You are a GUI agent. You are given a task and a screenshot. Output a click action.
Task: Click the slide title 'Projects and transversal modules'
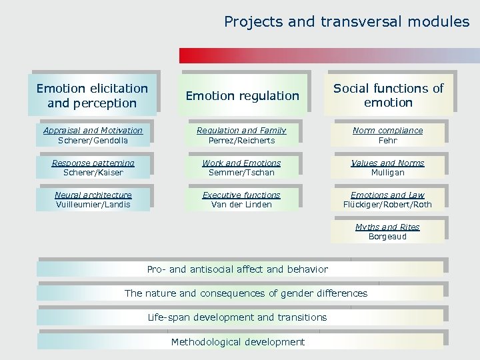[x=347, y=22]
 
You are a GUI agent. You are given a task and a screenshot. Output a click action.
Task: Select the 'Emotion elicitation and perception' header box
[x=92, y=95]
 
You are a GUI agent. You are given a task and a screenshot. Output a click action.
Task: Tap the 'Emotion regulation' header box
[x=242, y=96]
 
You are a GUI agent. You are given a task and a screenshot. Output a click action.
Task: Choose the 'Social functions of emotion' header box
[x=388, y=95]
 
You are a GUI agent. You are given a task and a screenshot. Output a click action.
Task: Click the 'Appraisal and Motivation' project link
[x=93, y=131]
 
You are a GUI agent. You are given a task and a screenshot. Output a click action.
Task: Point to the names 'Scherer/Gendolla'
[x=93, y=141]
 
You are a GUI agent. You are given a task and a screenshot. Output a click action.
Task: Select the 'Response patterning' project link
[x=93, y=163]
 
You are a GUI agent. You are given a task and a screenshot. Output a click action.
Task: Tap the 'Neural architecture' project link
[x=93, y=195]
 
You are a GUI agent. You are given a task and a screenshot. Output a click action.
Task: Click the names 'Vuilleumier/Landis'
[x=93, y=205]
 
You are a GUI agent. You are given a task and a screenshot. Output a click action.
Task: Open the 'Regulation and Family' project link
[x=241, y=131]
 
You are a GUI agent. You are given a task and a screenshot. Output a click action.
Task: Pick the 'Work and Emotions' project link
[x=241, y=163]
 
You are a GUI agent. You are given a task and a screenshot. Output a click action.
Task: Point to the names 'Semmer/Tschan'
[x=241, y=173]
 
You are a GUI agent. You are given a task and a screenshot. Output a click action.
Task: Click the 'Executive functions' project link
[x=241, y=195]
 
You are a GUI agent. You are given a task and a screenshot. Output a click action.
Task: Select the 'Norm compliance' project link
[x=387, y=131]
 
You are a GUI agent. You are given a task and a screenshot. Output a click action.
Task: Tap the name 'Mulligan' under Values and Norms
[x=387, y=173]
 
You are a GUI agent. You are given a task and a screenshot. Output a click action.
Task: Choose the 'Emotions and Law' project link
[x=387, y=195]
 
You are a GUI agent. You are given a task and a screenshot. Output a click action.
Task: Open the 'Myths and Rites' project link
[x=387, y=227]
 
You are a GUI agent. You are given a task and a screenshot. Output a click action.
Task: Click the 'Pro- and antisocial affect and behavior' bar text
[x=237, y=269]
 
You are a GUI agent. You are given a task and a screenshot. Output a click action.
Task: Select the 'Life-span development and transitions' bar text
[x=237, y=317]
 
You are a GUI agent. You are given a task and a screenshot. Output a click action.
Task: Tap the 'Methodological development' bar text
[x=237, y=342]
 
